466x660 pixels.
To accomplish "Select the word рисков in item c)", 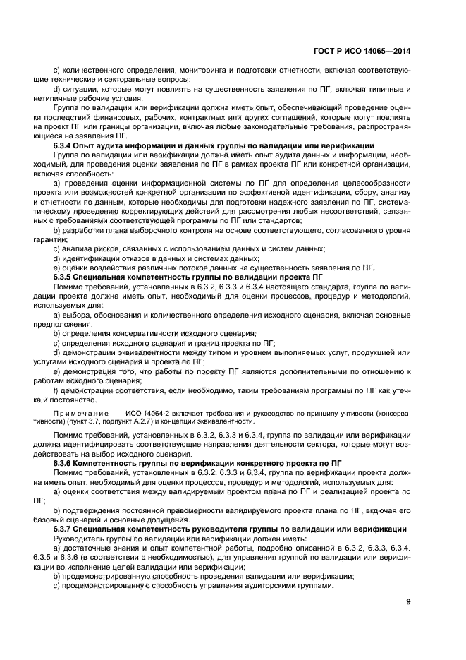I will [103, 248].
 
